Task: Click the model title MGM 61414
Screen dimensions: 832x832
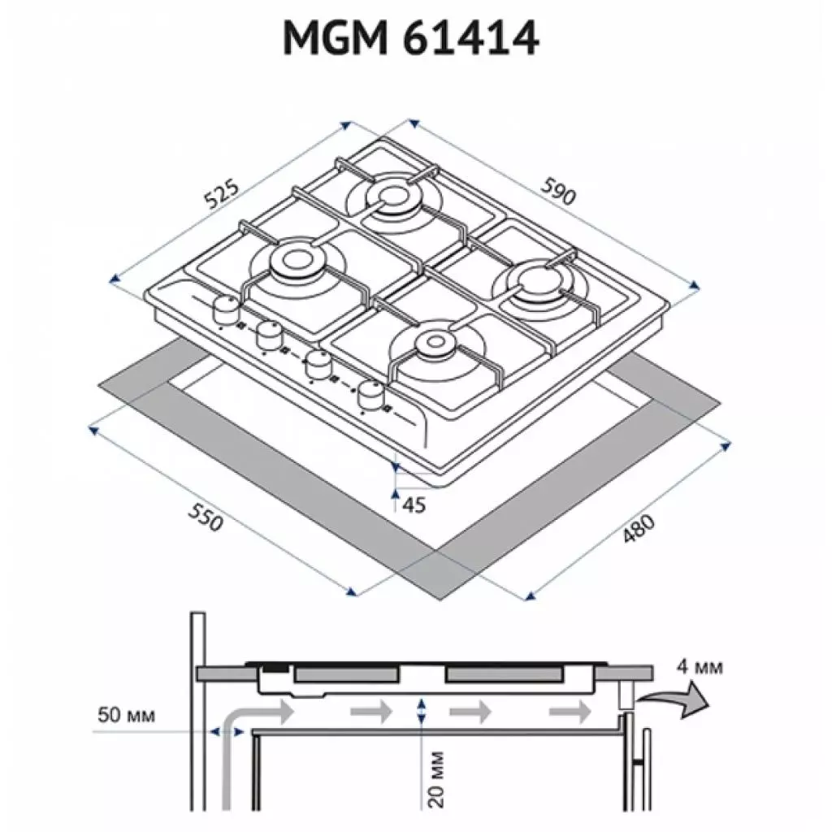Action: [410, 38]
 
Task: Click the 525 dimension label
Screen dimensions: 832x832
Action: [222, 195]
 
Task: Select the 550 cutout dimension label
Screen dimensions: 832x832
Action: [205, 518]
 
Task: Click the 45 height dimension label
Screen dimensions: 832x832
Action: [414, 505]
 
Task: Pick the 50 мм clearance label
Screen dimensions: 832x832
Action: [125, 715]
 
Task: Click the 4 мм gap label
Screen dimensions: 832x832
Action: [699, 669]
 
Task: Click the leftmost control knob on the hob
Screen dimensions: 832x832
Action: [225, 309]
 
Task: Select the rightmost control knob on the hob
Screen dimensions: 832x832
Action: [371, 395]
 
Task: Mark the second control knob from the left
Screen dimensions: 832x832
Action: [267, 333]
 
